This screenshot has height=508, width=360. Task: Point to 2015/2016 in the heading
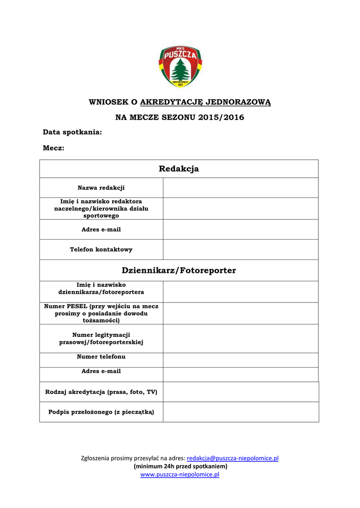(x=221, y=118)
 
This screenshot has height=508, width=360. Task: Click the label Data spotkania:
(x=72, y=132)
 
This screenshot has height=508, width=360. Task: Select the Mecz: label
(x=54, y=148)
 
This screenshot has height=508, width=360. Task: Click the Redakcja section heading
(x=179, y=169)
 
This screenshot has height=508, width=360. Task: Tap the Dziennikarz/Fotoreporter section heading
(x=179, y=270)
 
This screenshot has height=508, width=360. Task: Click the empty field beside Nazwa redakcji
(x=240, y=188)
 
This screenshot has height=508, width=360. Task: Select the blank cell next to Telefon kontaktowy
(x=240, y=250)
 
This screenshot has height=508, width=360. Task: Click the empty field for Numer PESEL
(x=240, y=313)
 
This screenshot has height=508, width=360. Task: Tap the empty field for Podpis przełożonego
(x=240, y=412)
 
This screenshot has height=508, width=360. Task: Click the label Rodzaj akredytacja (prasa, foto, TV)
(x=101, y=392)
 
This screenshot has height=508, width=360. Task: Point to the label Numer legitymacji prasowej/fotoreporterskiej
(x=101, y=338)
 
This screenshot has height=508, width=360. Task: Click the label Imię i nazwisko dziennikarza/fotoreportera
(x=101, y=288)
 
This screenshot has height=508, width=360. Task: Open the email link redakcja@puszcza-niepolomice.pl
(x=232, y=458)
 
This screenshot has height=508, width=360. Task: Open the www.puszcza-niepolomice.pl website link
(x=180, y=475)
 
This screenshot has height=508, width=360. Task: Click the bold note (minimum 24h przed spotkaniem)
(x=180, y=466)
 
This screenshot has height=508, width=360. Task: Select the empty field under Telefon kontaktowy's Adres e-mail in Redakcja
(x=240, y=229)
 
